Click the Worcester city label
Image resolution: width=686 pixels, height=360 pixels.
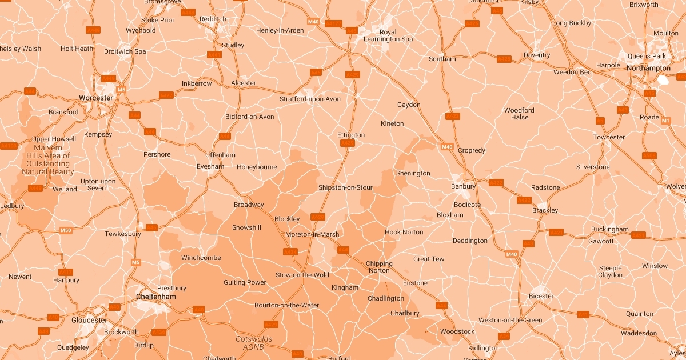(96, 98)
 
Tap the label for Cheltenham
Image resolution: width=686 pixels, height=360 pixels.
(156, 297)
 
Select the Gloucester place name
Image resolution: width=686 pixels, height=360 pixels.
(89, 320)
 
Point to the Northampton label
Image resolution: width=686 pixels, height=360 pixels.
(649, 68)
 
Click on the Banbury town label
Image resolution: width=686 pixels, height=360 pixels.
(463, 186)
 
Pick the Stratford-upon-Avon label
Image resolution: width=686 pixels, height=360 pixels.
(310, 99)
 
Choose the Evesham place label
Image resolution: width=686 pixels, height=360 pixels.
(210, 166)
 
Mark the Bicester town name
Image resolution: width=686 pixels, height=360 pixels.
(541, 296)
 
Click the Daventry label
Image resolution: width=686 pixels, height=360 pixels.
(537, 55)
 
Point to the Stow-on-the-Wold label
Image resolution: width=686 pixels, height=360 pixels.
(302, 275)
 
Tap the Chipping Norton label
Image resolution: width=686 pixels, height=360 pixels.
(379, 267)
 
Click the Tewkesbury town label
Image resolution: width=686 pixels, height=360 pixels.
(123, 234)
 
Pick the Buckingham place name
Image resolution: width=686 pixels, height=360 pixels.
(610, 229)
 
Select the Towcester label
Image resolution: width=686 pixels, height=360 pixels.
(609, 137)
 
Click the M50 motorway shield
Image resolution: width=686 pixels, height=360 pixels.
(66, 230)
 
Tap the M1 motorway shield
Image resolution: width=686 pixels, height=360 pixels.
(665, 121)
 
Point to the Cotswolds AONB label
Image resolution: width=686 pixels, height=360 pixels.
(254, 343)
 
